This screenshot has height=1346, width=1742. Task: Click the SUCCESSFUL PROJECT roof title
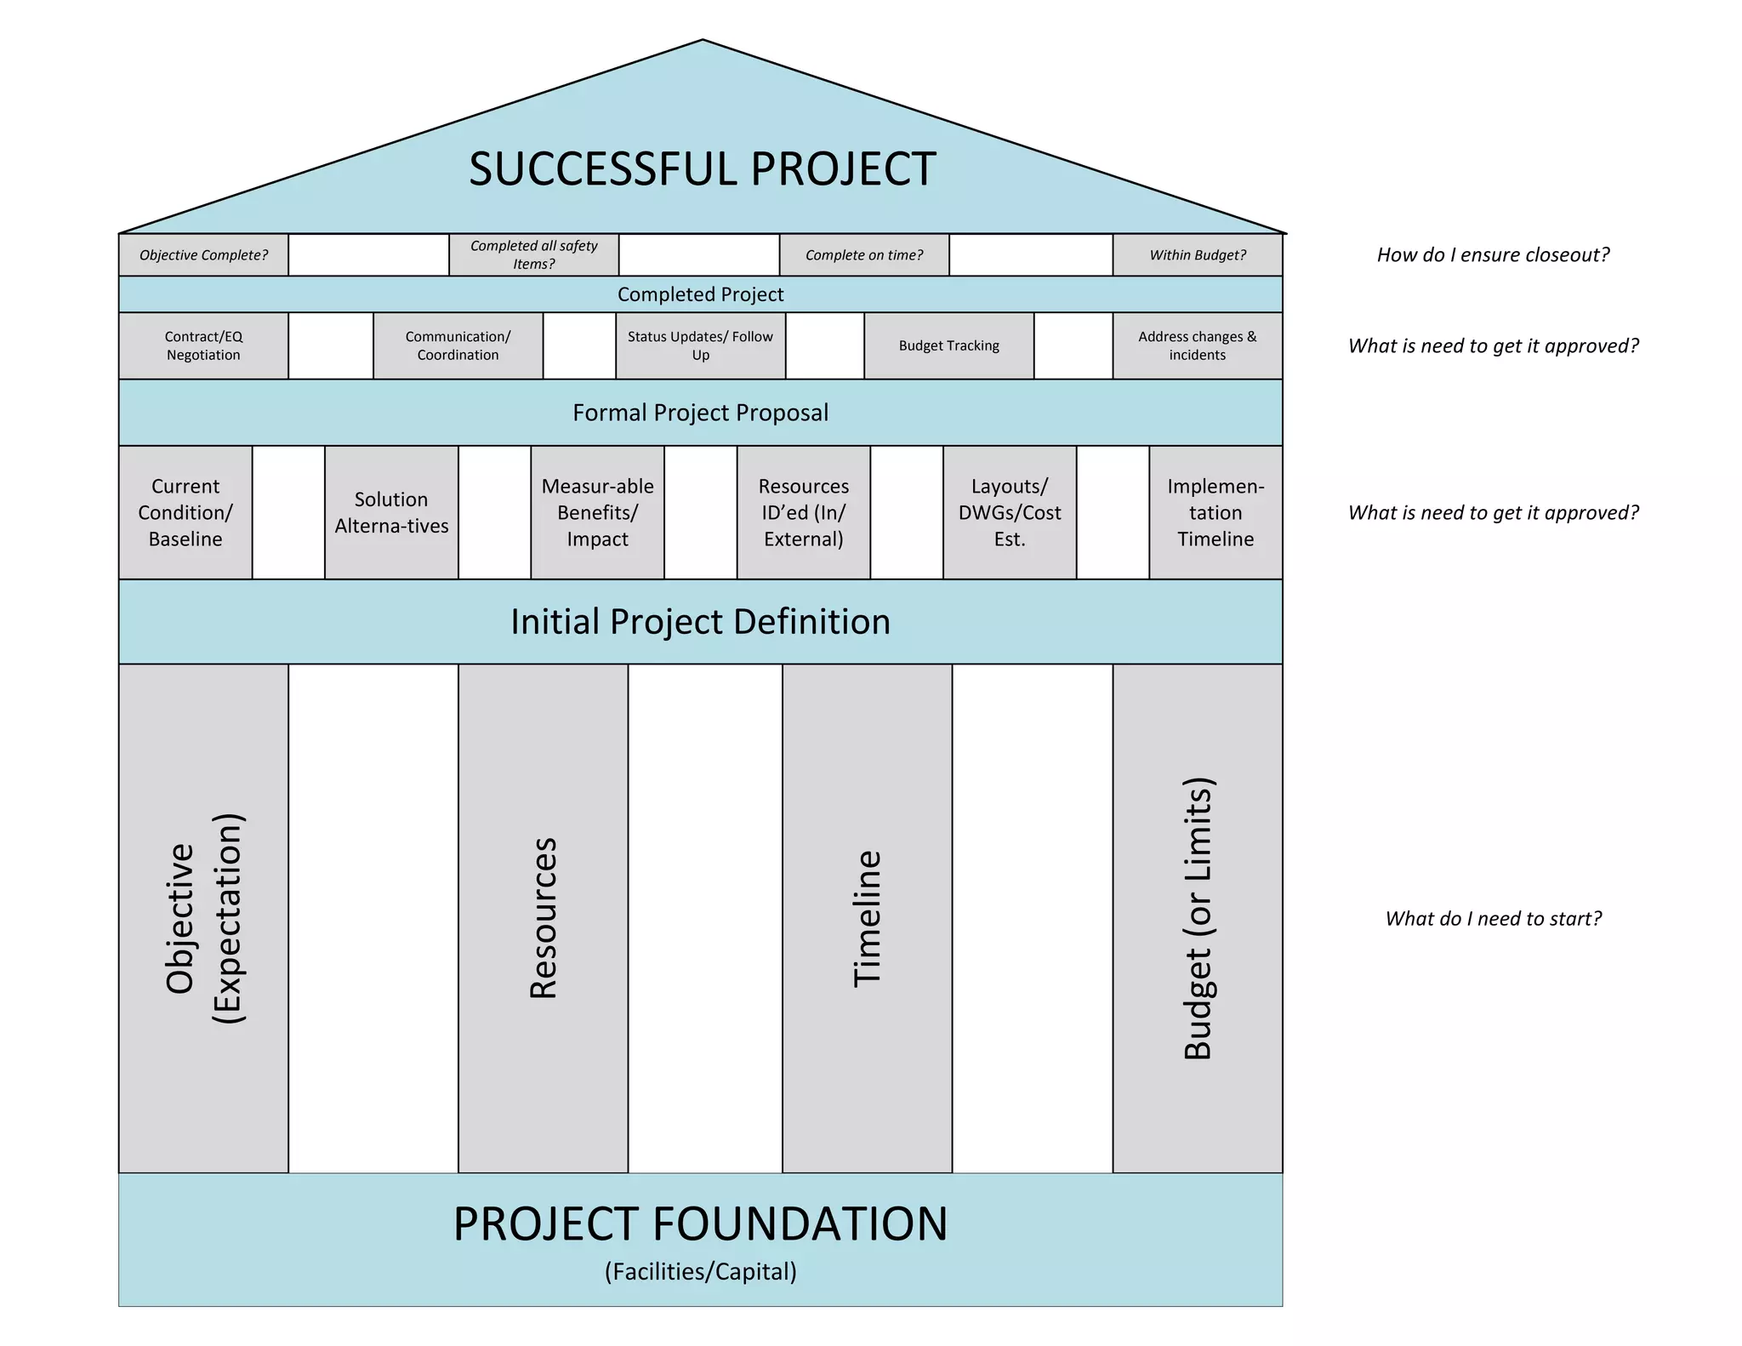702,168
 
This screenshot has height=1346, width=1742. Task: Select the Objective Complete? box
203,255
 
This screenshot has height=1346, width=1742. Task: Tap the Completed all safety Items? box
533,255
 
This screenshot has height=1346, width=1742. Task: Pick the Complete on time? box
864,255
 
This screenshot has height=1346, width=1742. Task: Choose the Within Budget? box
1197,255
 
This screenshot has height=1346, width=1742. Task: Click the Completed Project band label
700,294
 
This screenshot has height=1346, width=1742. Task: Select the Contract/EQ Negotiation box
203,345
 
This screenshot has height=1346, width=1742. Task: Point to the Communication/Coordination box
458,345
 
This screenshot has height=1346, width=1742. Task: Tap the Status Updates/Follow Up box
700,345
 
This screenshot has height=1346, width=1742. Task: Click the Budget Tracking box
948,345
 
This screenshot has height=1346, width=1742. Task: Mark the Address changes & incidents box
1197,345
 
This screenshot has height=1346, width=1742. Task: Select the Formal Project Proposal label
700,413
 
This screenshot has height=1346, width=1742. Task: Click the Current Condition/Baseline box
185,512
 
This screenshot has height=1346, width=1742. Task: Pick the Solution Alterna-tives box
391,512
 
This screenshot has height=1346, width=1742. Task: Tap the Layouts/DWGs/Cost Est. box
1010,512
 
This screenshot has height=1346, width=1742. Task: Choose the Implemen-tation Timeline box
1215,512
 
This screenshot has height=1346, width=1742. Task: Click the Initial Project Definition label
700,622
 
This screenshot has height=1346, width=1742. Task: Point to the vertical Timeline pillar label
867,919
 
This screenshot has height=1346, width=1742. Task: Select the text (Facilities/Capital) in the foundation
700,1271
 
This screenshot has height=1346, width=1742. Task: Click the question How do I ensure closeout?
1493,255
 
